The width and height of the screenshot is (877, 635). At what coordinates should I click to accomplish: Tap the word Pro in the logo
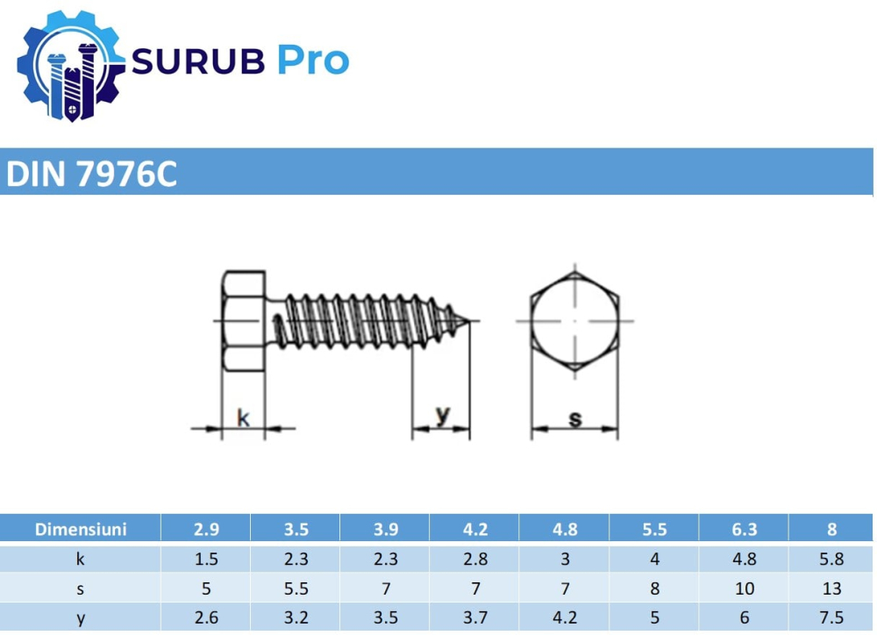coord(313,61)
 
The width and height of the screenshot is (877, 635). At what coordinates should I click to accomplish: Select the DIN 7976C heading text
coord(92,175)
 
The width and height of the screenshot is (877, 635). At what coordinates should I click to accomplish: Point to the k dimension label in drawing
coord(243,418)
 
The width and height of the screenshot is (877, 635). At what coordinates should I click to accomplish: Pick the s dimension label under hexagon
coord(575,419)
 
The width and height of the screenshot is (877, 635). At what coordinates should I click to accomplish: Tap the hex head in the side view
coord(242,321)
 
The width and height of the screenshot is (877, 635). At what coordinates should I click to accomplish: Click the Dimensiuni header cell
coord(81,529)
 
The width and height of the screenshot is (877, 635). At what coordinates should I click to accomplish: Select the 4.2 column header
coord(474,529)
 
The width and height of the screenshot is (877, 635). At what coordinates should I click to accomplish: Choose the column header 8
coord(831,529)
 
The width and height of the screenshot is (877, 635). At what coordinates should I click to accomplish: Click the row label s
coord(81,589)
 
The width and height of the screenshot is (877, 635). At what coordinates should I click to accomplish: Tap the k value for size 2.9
coord(206,559)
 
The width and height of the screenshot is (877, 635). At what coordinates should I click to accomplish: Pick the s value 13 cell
coord(831,589)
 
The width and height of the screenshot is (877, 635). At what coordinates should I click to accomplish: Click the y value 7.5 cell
coord(831,618)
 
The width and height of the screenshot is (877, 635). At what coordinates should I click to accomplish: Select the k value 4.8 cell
coord(744,559)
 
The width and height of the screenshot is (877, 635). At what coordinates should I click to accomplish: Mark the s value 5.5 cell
coord(296,589)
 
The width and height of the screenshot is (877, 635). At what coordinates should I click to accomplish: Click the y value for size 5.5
coord(654,618)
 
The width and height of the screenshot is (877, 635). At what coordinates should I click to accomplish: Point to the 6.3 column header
coord(744,529)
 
